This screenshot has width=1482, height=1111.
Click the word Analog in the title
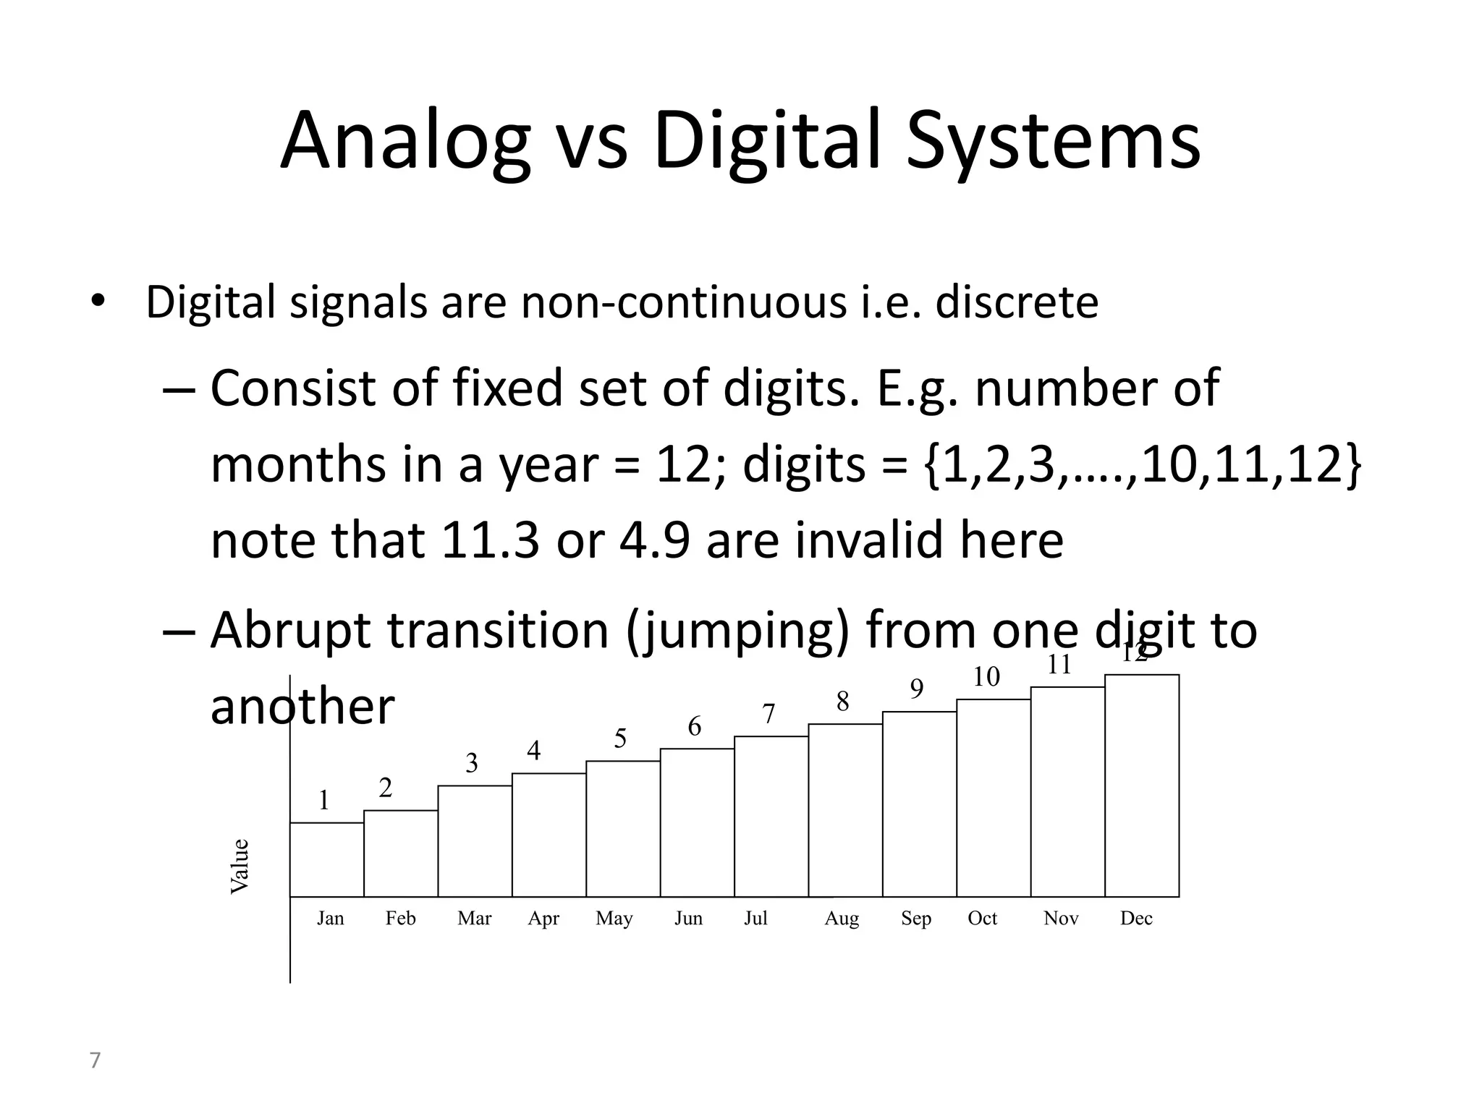pyautogui.click(x=405, y=141)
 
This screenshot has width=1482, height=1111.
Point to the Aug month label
pyautogui.click(x=842, y=919)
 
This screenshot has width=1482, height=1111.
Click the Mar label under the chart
pyautogui.click(x=474, y=919)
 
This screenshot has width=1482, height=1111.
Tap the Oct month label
pyautogui.click(x=982, y=919)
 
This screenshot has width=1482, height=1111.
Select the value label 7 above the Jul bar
pyautogui.click(x=768, y=715)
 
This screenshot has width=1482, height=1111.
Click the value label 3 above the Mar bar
pyautogui.click(x=472, y=763)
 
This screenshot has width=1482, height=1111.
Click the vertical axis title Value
pyautogui.click(x=240, y=866)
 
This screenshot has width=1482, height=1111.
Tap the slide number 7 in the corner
pyautogui.click(x=95, y=1060)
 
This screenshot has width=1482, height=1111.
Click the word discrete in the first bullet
pyautogui.click(x=1017, y=302)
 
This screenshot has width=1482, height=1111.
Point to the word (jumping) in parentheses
pyautogui.click(x=737, y=631)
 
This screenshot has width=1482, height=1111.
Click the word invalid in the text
pyautogui.click(x=869, y=540)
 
